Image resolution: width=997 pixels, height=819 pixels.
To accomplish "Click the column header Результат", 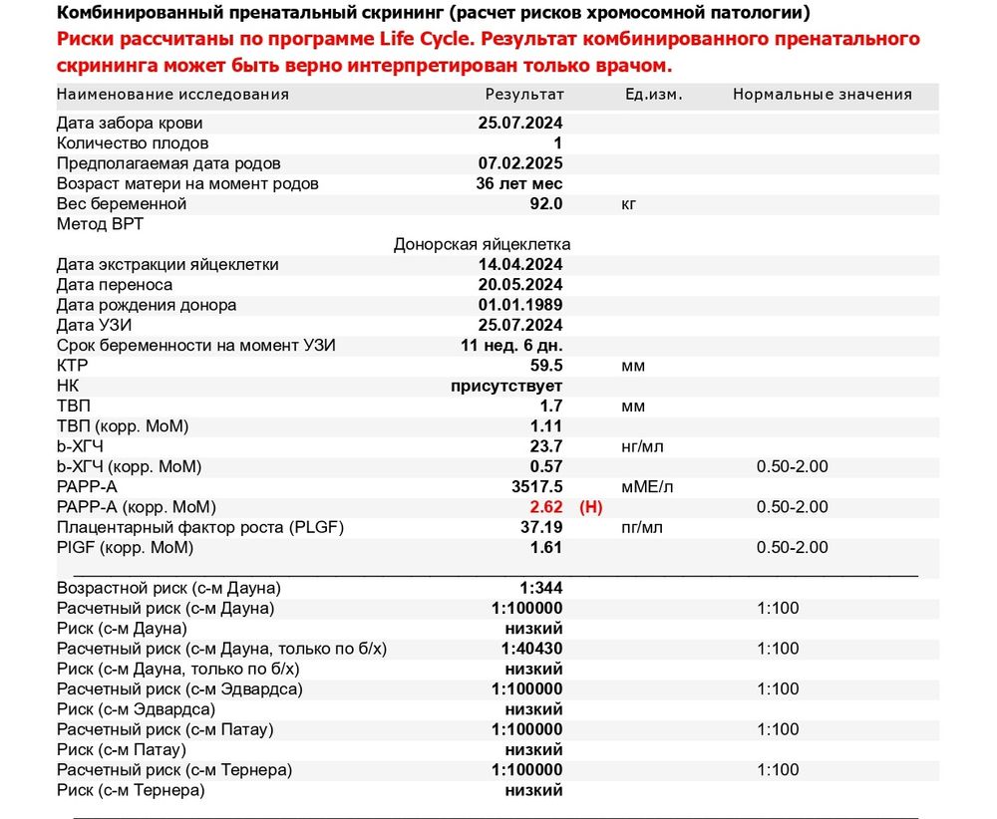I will click(x=524, y=95).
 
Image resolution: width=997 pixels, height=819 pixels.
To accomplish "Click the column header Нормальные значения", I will click(x=822, y=95).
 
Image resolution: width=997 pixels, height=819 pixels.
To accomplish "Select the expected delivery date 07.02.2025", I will click(x=520, y=163).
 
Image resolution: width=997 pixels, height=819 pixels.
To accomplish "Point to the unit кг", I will click(x=628, y=204).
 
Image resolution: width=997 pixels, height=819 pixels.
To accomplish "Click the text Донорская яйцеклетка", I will click(x=482, y=244).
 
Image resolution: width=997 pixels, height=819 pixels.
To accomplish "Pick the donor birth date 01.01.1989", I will click(x=520, y=305).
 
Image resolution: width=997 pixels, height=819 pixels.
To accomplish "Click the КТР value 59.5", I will click(x=545, y=366).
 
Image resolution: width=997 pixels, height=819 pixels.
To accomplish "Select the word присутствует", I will click(x=506, y=386).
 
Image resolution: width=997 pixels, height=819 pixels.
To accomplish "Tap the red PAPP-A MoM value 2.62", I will click(x=545, y=507).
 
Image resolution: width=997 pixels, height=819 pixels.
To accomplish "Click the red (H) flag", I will click(x=591, y=507).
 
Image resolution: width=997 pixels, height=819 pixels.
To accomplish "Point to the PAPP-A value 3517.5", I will click(x=536, y=487).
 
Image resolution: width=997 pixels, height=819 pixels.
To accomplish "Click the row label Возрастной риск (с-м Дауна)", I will click(x=168, y=588).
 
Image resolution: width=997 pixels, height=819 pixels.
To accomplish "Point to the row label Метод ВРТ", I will click(x=100, y=224).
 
